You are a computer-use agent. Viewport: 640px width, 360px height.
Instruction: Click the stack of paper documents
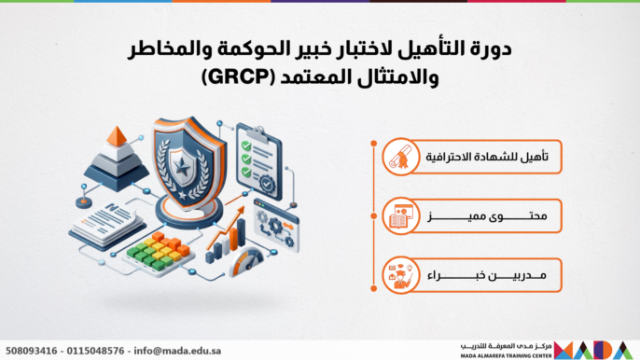point(104,222)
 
